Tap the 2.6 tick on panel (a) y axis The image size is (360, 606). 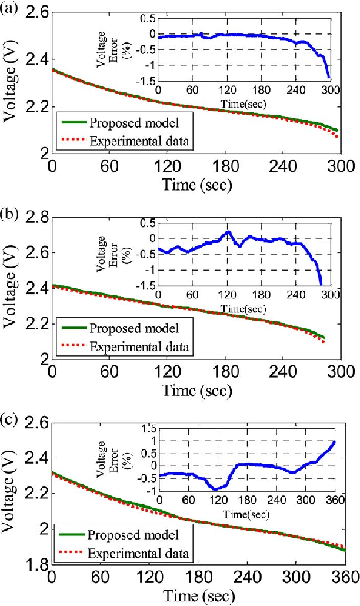(x=35, y=13)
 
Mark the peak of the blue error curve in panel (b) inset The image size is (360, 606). (x=228, y=231)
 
